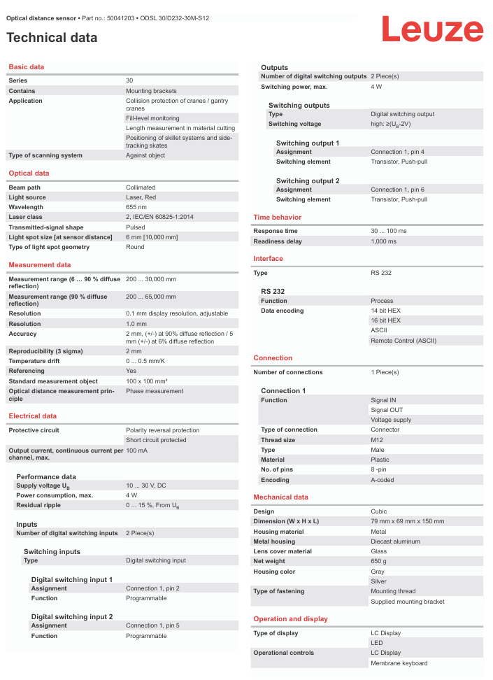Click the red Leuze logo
(x=431, y=29)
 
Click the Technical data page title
(x=52, y=38)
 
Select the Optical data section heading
(x=29, y=173)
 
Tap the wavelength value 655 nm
(x=136, y=207)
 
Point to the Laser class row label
(x=27, y=217)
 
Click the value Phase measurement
(x=155, y=391)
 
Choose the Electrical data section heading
(x=33, y=416)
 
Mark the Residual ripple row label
(x=38, y=505)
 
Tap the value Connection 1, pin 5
(x=152, y=625)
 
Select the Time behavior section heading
(x=278, y=218)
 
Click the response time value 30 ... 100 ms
(x=388, y=231)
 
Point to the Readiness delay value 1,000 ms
(x=383, y=241)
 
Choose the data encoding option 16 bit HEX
(x=385, y=320)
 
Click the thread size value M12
(x=377, y=440)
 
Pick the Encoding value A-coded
(x=383, y=480)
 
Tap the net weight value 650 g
(x=379, y=561)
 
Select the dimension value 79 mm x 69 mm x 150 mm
(x=407, y=521)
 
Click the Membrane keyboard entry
(x=399, y=663)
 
